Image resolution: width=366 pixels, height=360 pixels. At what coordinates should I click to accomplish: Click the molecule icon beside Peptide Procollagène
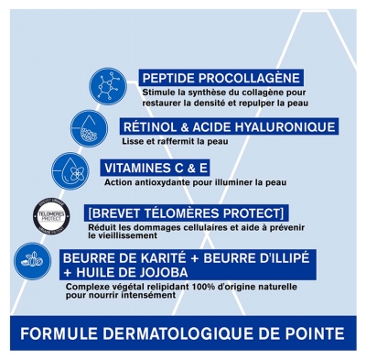point(108,85)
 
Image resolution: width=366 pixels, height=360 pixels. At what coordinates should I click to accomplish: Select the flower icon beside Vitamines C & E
point(70,170)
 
